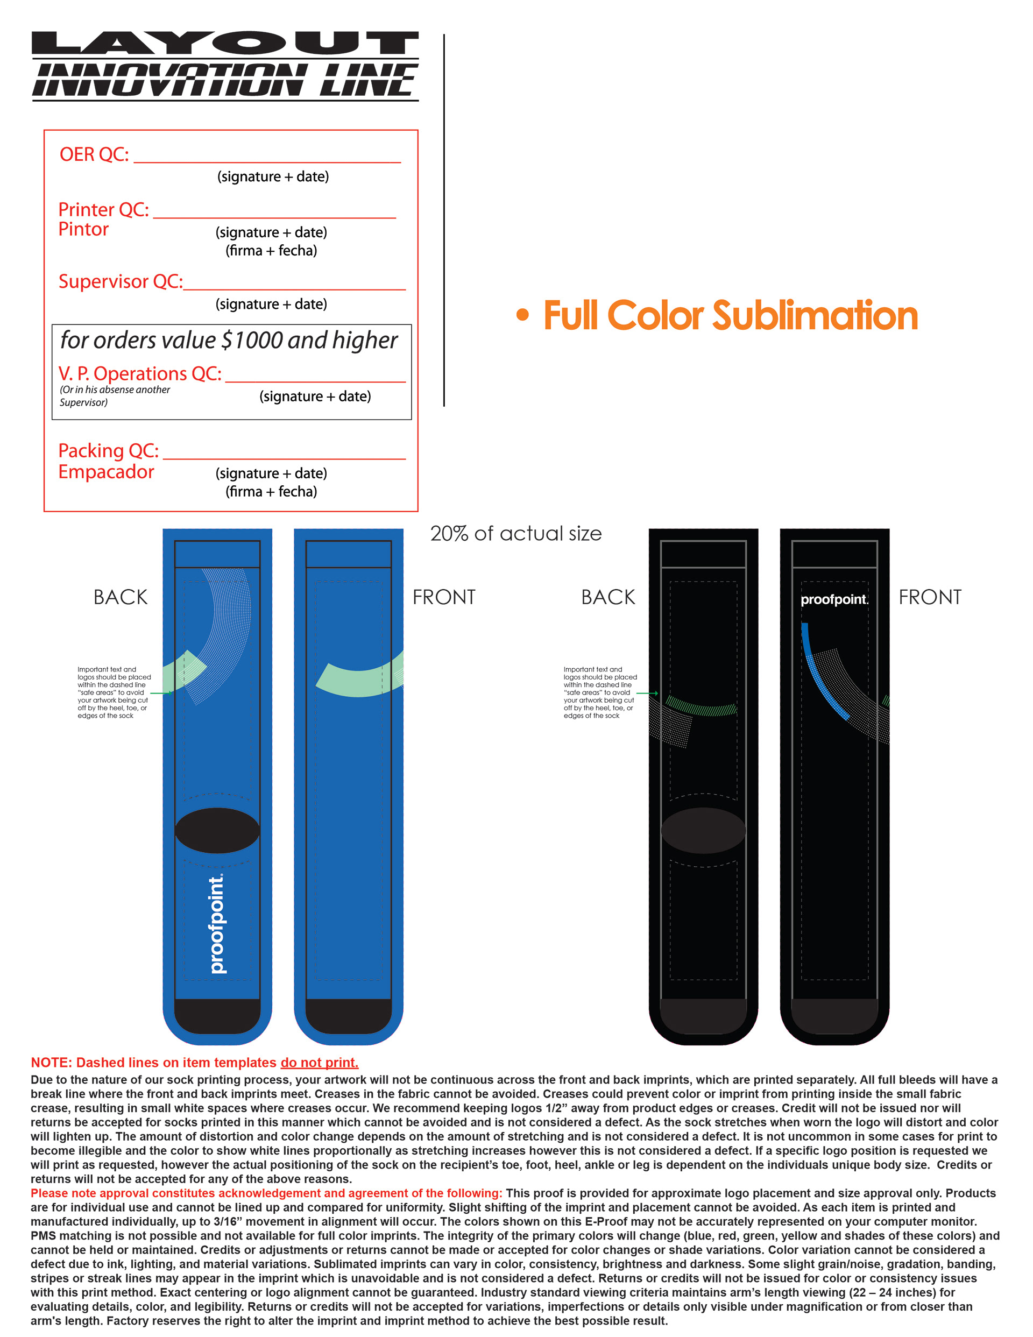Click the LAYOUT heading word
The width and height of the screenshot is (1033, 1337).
[225, 44]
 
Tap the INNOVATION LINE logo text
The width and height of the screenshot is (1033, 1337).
[225, 80]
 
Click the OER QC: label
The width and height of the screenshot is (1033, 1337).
[94, 154]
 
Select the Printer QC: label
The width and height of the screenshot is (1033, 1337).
[103, 209]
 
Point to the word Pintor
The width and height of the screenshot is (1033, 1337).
[83, 230]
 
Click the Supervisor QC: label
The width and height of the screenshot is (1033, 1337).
[120, 281]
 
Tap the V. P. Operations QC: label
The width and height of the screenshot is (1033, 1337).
[139, 373]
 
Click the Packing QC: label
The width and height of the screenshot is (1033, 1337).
[108, 450]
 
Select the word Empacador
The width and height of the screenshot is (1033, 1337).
[106, 472]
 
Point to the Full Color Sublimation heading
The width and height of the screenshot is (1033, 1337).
[731, 316]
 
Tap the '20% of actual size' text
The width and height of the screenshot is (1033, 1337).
[515, 533]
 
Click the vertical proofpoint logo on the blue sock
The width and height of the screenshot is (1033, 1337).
[217, 924]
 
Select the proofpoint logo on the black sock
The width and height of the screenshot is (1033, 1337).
[834, 599]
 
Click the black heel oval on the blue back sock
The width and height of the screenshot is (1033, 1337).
[217, 830]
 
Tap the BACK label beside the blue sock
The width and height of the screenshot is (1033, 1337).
[121, 597]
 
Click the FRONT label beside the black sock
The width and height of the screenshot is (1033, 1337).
[930, 597]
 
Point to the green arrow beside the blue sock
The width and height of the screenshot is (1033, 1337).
[160, 693]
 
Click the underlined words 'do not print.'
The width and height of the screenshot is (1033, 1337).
[319, 1062]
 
